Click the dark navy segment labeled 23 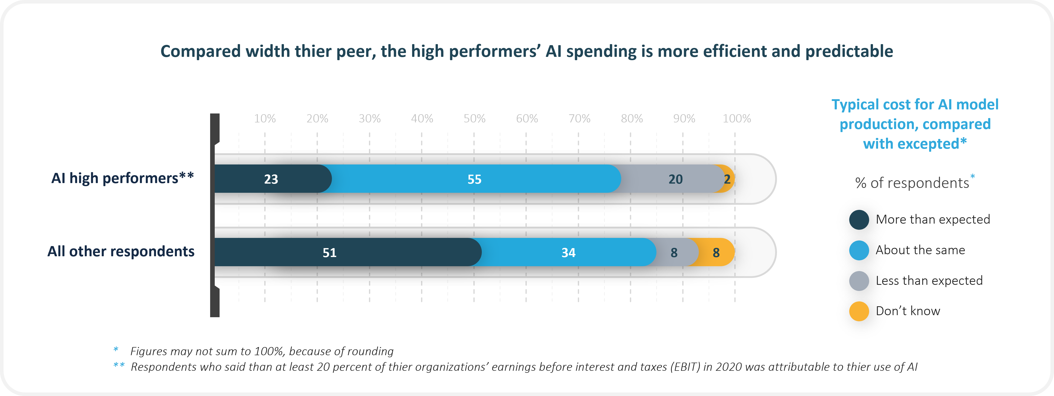point(271,179)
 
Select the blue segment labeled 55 point(475,179)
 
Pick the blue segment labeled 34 point(568,252)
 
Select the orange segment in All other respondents point(716,252)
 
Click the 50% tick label point(474,119)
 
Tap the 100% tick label point(736,119)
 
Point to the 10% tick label point(265,119)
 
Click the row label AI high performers point(122,178)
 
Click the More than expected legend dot point(859,220)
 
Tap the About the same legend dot point(859,250)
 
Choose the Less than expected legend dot point(859,281)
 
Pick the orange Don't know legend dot point(859,311)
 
